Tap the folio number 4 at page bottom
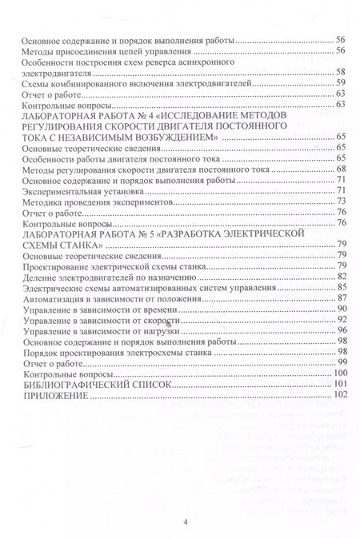[x=185, y=522]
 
